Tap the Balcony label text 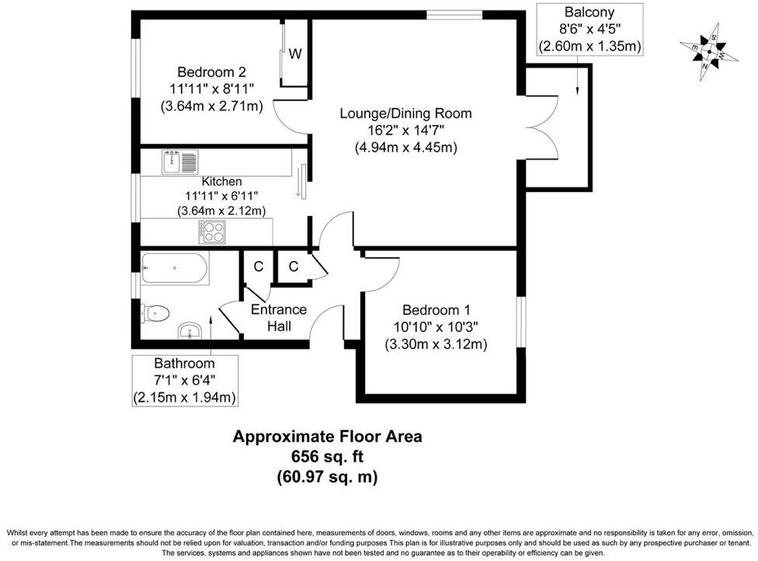(x=589, y=12)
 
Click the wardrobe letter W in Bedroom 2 (x=295, y=54)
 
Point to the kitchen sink (x=180, y=162)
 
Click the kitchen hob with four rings (x=212, y=231)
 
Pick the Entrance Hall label (x=279, y=317)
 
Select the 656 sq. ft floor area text (x=327, y=457)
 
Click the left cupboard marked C (x=258, y=267)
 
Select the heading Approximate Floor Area (x=327, y=437)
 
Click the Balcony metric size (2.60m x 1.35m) (x=589, y=46)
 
